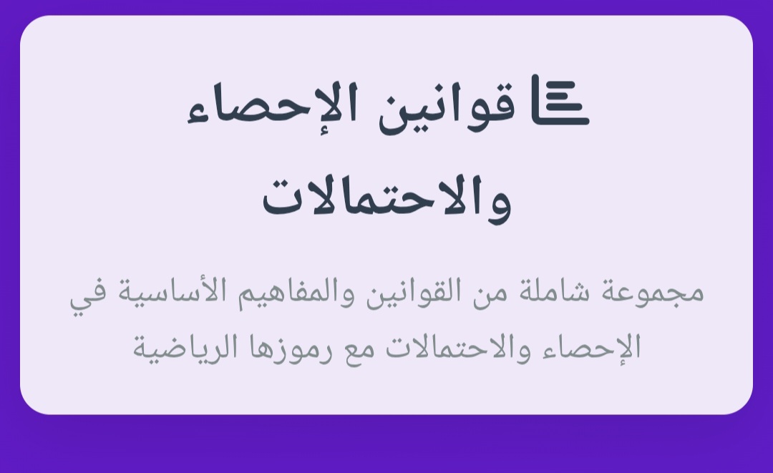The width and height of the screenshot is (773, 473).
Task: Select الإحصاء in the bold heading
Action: point(273,104)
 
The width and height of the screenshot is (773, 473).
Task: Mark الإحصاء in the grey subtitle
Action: point(592,347)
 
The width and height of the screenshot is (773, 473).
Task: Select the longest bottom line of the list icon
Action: point(560,120)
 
